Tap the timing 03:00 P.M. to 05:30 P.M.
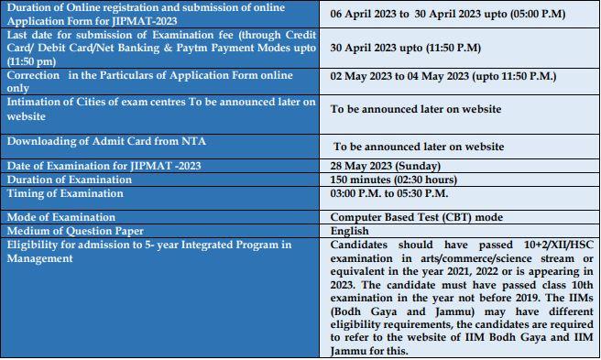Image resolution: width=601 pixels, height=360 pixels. [389, 193]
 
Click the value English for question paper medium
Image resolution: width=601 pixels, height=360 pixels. [350, 231]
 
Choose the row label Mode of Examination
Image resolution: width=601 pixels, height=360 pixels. [61, 217]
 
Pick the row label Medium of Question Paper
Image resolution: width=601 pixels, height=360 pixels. [76, 231]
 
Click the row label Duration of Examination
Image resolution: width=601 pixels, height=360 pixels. [71, 180]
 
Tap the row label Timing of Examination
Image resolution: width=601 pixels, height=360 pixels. [66, 193]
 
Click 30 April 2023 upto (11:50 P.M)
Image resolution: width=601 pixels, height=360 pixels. [406, 47]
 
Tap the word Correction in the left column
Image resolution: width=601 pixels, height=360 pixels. [33, 75]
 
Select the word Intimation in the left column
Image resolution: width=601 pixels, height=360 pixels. [35, 102]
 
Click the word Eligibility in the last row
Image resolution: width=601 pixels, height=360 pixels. [33, 245]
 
